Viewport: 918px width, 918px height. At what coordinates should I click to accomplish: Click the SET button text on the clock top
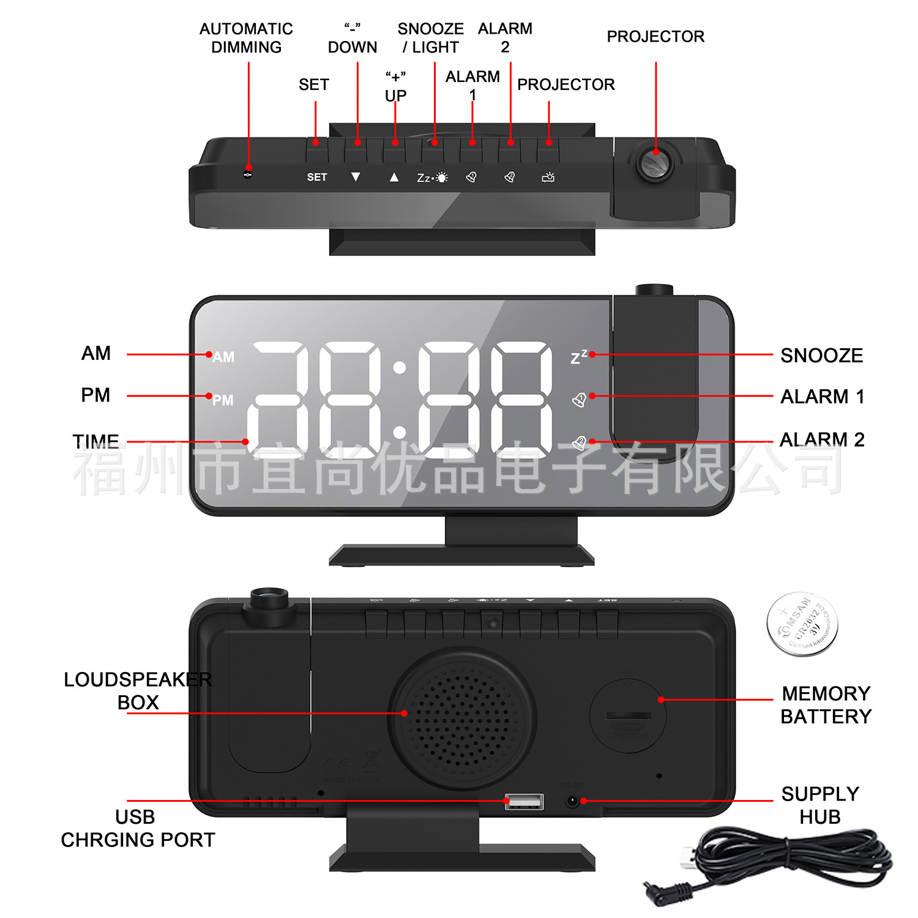(317, 177)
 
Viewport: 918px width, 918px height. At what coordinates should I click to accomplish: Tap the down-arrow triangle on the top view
(356, 177)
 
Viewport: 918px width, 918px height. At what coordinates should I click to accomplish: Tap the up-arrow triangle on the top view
(394, 177)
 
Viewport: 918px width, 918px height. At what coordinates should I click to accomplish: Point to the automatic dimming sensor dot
(248, 174)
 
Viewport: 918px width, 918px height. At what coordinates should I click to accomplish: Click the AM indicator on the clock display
(223, 357)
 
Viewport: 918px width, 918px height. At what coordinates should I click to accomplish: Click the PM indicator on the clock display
(223, 400)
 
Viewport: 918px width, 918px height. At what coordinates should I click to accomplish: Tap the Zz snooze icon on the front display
(578, 357)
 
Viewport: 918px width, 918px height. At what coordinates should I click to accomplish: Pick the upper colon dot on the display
(400, 368)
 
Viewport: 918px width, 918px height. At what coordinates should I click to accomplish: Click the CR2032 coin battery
(802, 624)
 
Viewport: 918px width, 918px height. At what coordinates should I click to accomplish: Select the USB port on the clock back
(524, 801)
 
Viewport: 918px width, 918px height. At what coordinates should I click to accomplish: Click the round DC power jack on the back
(572, 801)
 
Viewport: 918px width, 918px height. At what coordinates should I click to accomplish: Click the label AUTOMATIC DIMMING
(246, 38)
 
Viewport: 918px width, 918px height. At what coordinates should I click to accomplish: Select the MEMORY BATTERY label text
(826, 705)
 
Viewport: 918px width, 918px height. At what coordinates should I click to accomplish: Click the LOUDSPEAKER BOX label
(138, 691)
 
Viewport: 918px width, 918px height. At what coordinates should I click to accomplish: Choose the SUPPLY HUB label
(820, 805)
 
